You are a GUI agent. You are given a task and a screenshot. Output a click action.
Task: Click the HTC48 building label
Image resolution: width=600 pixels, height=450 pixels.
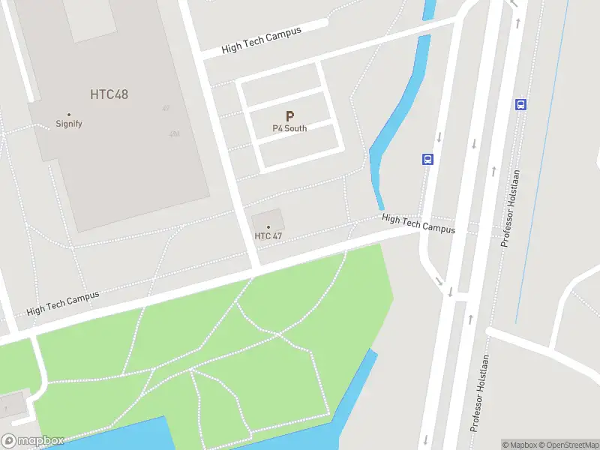[x=109, y=94]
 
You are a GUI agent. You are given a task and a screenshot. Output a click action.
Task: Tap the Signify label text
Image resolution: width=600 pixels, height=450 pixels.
[x=69, y=124]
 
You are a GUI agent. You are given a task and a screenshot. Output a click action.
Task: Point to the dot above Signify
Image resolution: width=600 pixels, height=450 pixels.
[x=69, y=115]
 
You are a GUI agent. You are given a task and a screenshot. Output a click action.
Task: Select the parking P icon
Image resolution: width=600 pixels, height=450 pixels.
[x=289, y=117]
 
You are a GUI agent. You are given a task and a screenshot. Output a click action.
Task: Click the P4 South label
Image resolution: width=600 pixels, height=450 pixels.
[x=289, y=128]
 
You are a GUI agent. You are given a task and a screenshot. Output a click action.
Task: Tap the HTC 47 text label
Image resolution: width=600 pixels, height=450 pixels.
[x=268, y=236]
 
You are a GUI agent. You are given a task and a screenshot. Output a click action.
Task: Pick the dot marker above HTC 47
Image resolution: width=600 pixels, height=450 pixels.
[x=268, y=226]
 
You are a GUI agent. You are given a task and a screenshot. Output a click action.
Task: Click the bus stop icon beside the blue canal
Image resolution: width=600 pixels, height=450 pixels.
[x=427, y=159]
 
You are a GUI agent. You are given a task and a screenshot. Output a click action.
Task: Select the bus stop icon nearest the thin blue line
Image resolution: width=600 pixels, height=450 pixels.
[x=520, y=104]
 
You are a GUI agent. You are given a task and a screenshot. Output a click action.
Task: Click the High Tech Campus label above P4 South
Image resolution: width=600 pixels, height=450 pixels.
[x=262, y=40]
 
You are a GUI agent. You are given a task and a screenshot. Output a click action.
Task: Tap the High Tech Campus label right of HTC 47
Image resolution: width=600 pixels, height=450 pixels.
[x=418, y=223]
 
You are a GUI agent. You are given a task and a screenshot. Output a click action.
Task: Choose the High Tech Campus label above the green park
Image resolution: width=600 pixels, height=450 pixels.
[x=63, y=302]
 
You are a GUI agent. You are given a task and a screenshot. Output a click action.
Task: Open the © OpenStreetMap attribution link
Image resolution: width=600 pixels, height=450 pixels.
[x=567, y=445]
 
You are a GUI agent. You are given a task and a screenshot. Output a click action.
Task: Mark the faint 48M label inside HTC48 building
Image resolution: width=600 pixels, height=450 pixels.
[x=175, y=134]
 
